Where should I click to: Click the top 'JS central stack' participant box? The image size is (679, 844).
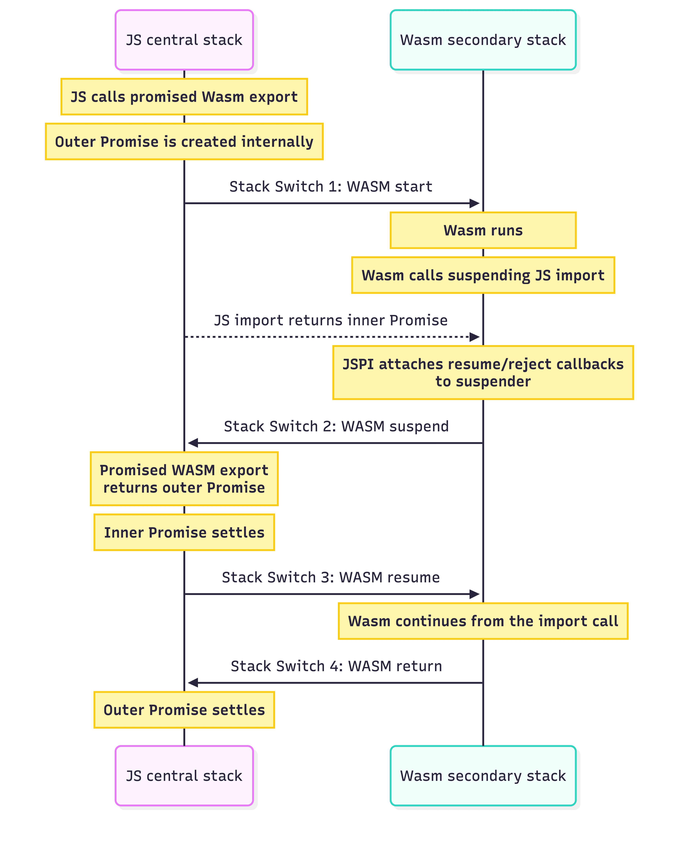click(x=184, y=40)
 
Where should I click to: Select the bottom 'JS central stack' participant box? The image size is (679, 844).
click(x=184, y=776)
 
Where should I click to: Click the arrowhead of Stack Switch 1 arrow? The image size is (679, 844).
click(x=475, y=203)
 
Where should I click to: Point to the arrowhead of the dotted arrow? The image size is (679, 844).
click(x=475, y=337)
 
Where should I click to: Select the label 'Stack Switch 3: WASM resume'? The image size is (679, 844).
click(x=331, y=577)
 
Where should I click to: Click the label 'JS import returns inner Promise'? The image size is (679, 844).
click(x=331, y=320)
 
